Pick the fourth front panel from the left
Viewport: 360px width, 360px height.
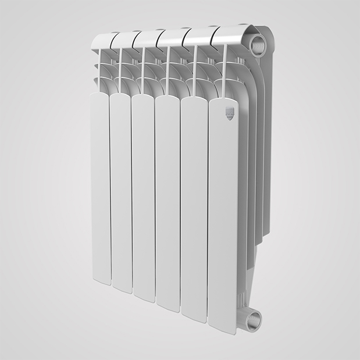coord(167,201)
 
